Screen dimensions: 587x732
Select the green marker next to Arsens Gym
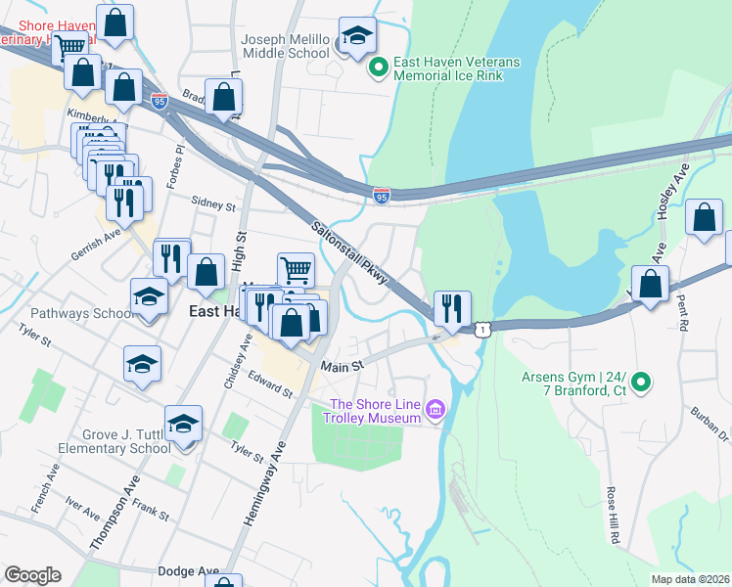(641, 382)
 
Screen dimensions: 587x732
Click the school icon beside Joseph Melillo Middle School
(358, 36)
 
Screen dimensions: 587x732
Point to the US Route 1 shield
(481, 331)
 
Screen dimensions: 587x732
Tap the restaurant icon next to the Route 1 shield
(451, 308)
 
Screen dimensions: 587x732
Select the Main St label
(343, 366)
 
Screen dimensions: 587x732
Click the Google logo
(32, 575)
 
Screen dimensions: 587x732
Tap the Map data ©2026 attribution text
(691, 579)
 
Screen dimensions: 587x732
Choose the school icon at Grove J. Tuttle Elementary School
(183, 424)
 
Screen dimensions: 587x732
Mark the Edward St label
(270, 384)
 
